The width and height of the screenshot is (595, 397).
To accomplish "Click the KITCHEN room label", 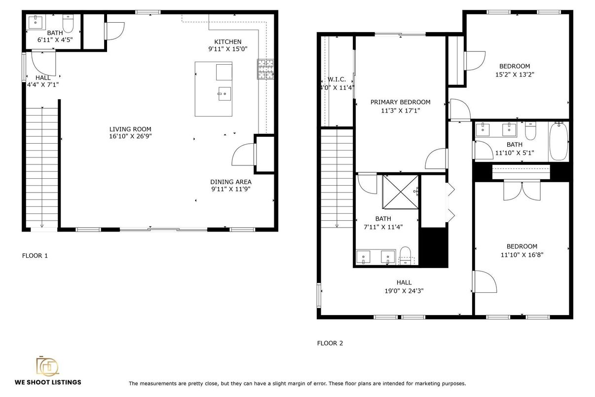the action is click(227, 42).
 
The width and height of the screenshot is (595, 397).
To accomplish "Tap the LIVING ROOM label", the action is click(130, 129).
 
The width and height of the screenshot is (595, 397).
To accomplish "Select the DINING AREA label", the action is click(230, 182).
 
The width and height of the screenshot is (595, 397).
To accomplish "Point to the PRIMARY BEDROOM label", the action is click(400, 102).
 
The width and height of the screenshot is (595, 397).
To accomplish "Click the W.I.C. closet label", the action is click(336, 79).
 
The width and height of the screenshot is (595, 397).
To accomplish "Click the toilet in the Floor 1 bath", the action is click(68, 23).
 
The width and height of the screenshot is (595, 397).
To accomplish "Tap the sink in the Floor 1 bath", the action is click(36, 22).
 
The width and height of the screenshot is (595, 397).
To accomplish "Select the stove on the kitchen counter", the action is click(265, 69).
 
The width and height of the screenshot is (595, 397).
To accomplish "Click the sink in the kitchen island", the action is click(224, 94).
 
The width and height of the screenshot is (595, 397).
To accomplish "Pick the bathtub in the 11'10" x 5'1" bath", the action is click(558, 141).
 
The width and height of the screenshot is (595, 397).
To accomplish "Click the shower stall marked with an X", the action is click(400, 192).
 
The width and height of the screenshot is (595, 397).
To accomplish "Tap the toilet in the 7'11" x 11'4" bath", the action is click(405, 256).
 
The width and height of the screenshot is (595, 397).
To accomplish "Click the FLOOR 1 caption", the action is click(35, 256).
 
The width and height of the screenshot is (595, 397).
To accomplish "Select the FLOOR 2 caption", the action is click(330, 343).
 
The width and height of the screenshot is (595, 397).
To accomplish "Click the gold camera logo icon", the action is click(47, 366).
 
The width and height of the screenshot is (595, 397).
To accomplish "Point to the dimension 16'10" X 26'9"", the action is click(130, 136).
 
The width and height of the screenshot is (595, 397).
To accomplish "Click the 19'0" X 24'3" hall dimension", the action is click(404, 291).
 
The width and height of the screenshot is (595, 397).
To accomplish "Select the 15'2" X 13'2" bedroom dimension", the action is click(515, 75).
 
